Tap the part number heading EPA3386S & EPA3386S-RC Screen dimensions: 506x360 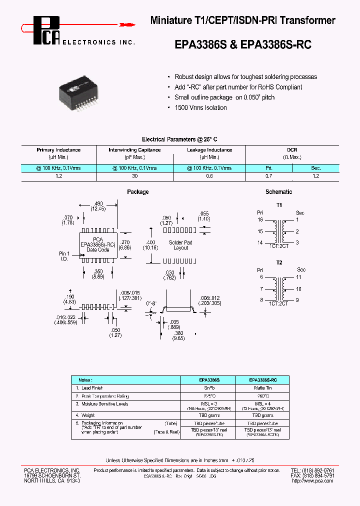pyautogui.click(x=243, y=44)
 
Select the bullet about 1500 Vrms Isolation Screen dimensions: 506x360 pyautogui.click(x=200, y=107)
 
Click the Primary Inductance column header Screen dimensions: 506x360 pyautogui.click(x=58, y=150)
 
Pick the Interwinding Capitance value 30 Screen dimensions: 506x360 pyautogui.click(x=134, y=176)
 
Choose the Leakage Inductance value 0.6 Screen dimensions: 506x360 pyautogui.click(x=209, y=176)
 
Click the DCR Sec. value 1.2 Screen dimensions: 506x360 pyautogui.click(x=316, y=176)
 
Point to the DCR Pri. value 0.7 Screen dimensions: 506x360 pyautogui.click(x=269, y=176)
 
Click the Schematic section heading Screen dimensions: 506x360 pyautogui.click(x=278, y=192)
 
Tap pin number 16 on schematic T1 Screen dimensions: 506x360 pyautogui.click(x=260, y=219)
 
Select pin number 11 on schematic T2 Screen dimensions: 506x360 pyautogui.click(x=298, y=277)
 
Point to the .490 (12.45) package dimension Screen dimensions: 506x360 pyautogui.click(x=98, y=206)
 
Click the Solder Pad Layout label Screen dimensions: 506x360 pyautogui.click(x=180, y=245)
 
